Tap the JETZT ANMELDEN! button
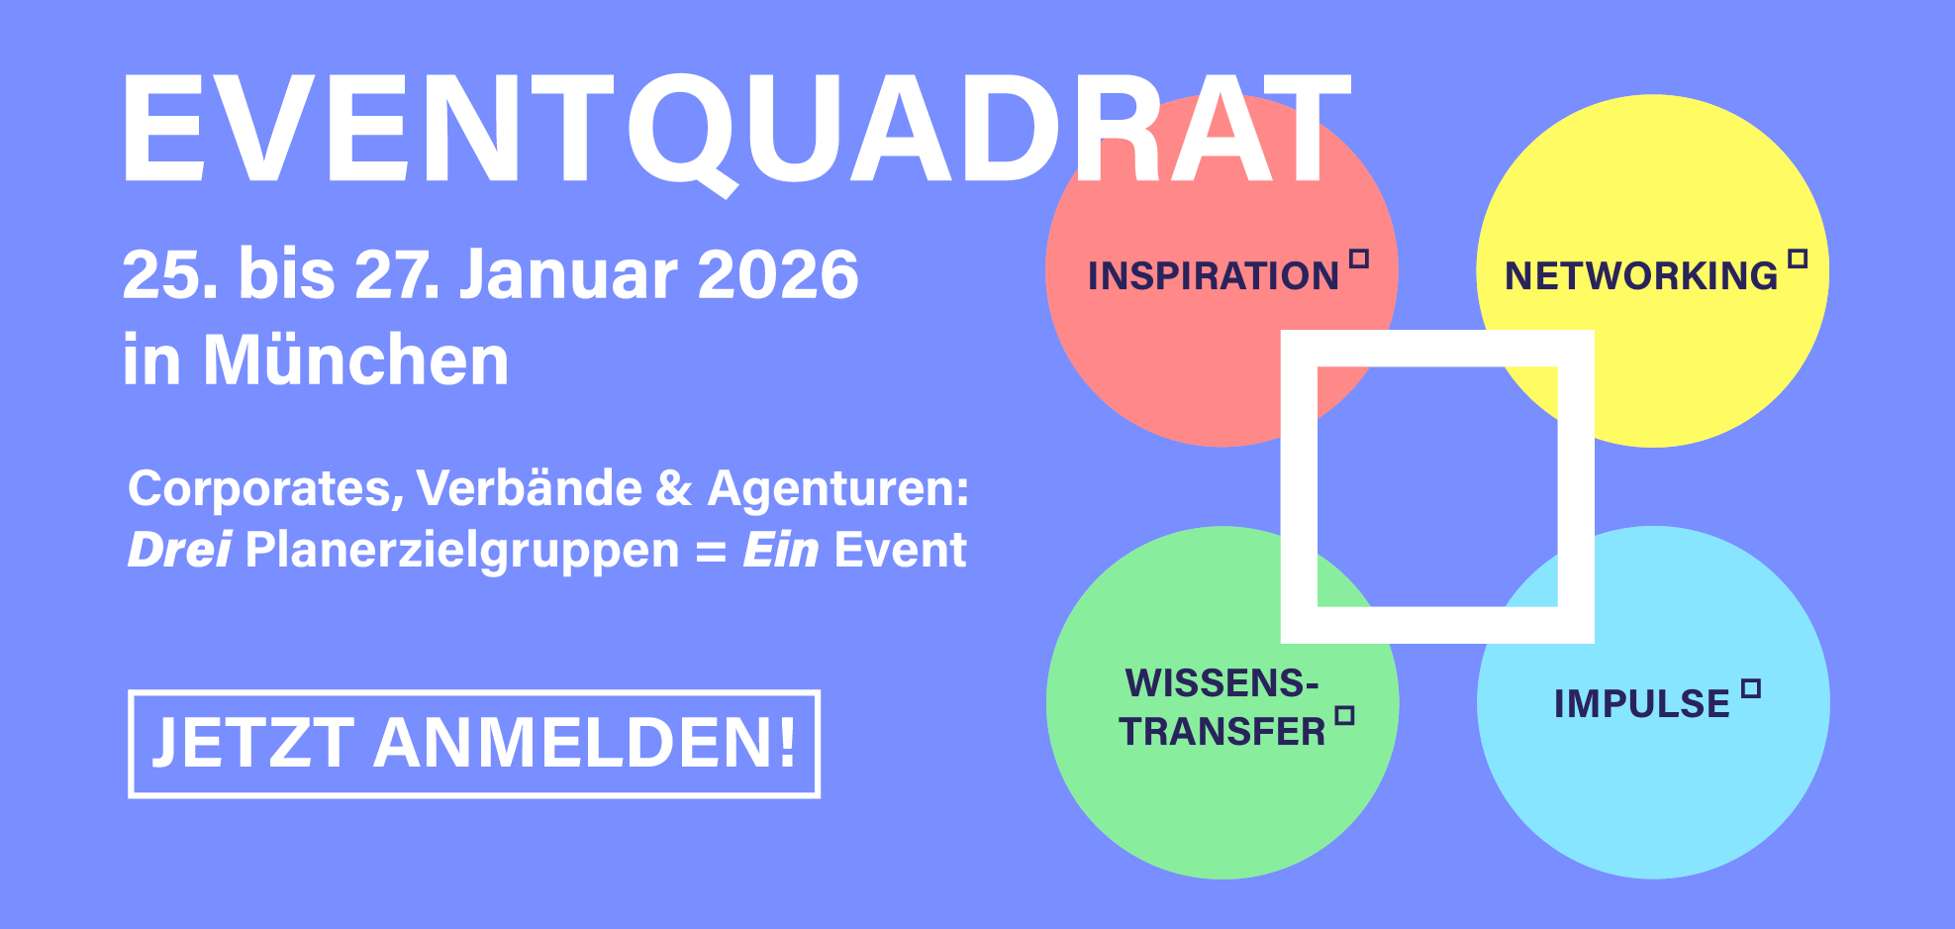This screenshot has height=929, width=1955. pyautogui.click(x=474, y=744)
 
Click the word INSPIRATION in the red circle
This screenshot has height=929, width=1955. pyautogui.click(x=1213, y=275)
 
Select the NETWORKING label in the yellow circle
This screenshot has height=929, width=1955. pyautogui.click(x=1641, y=275)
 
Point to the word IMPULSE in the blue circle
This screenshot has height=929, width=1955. pyautogui.click(x=1642, y=704)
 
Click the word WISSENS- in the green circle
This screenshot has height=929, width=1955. pyautogui.click(x=1222, y=683)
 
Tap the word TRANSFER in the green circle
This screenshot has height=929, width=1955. pyautogui.click(x=1222, y=732)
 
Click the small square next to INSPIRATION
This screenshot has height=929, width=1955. pyautogui.click(x=1359, y=258)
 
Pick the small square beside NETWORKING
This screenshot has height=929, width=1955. pyautogui.click(x=1799, y=258)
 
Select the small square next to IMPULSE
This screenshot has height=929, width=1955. pyautogui.click(x=1751, y=688)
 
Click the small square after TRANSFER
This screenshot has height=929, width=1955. pyautogui.click(x=1344, y=715)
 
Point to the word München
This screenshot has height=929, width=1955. pyautogui.click(x=356, y=360)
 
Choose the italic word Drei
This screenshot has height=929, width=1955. pyautogui.click(x=179, y=550)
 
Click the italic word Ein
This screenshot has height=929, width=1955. pyautogui.click(x=780, y=550)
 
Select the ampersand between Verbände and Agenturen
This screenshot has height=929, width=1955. pyautogui.click(x=673, y=488)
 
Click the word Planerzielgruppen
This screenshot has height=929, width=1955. pyautogui.click(x=462, y=551)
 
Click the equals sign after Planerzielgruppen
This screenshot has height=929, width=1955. pyautogui.click(x=711, y=553)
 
